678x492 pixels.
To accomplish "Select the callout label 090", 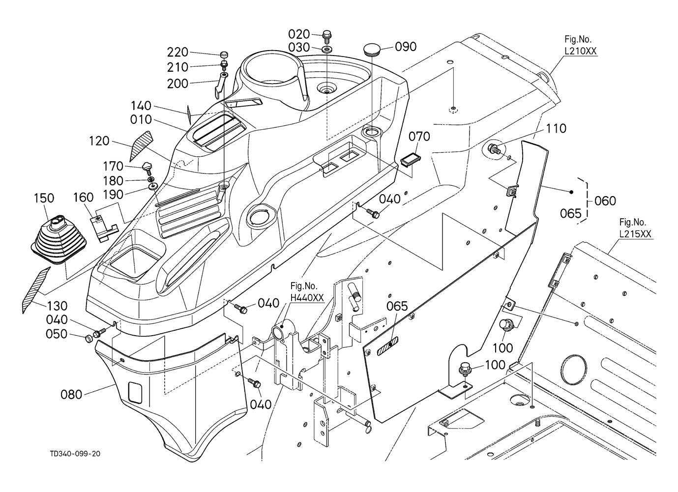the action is [406, 47].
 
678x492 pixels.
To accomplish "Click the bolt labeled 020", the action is [326, 36].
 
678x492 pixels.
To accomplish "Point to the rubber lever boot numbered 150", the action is [59, 240].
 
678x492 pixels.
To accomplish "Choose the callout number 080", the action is [71, 395].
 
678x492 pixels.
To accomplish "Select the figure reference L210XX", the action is [581, 51].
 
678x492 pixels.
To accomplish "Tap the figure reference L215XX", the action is [635, 234].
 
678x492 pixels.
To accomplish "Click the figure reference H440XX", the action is [307, 298].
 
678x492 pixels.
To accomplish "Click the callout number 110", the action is [556, 129].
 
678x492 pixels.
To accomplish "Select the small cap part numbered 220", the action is [224, 55].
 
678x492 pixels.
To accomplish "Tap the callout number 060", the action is [605, 201].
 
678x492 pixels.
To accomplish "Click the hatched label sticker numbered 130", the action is [36, 290].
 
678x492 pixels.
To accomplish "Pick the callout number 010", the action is [141, 119].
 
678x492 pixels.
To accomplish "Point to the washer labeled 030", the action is [326, 49].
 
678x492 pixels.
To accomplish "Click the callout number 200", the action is [177, 83].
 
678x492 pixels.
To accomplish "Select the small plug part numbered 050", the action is [88, 338].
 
